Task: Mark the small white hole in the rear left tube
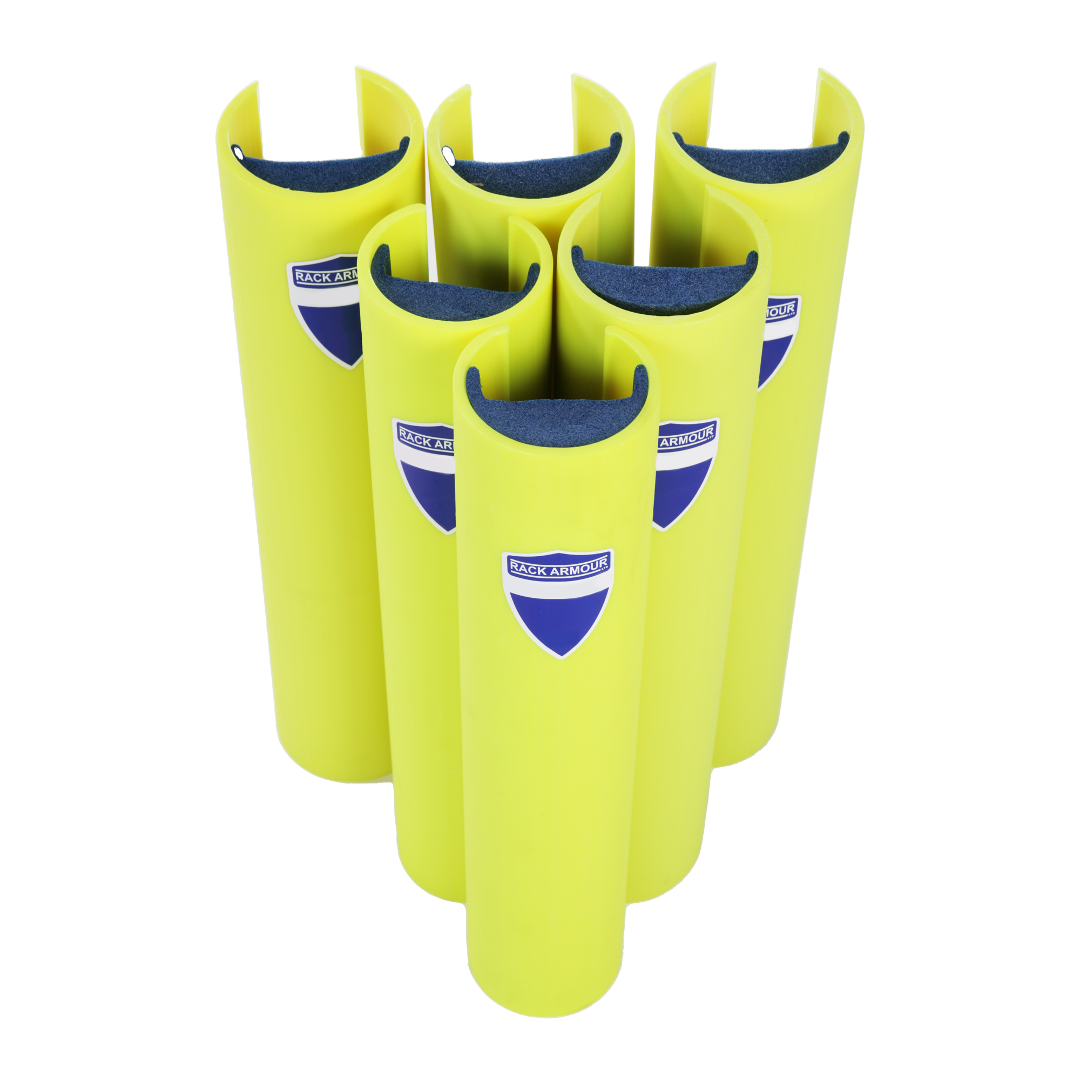pos(237,152)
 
